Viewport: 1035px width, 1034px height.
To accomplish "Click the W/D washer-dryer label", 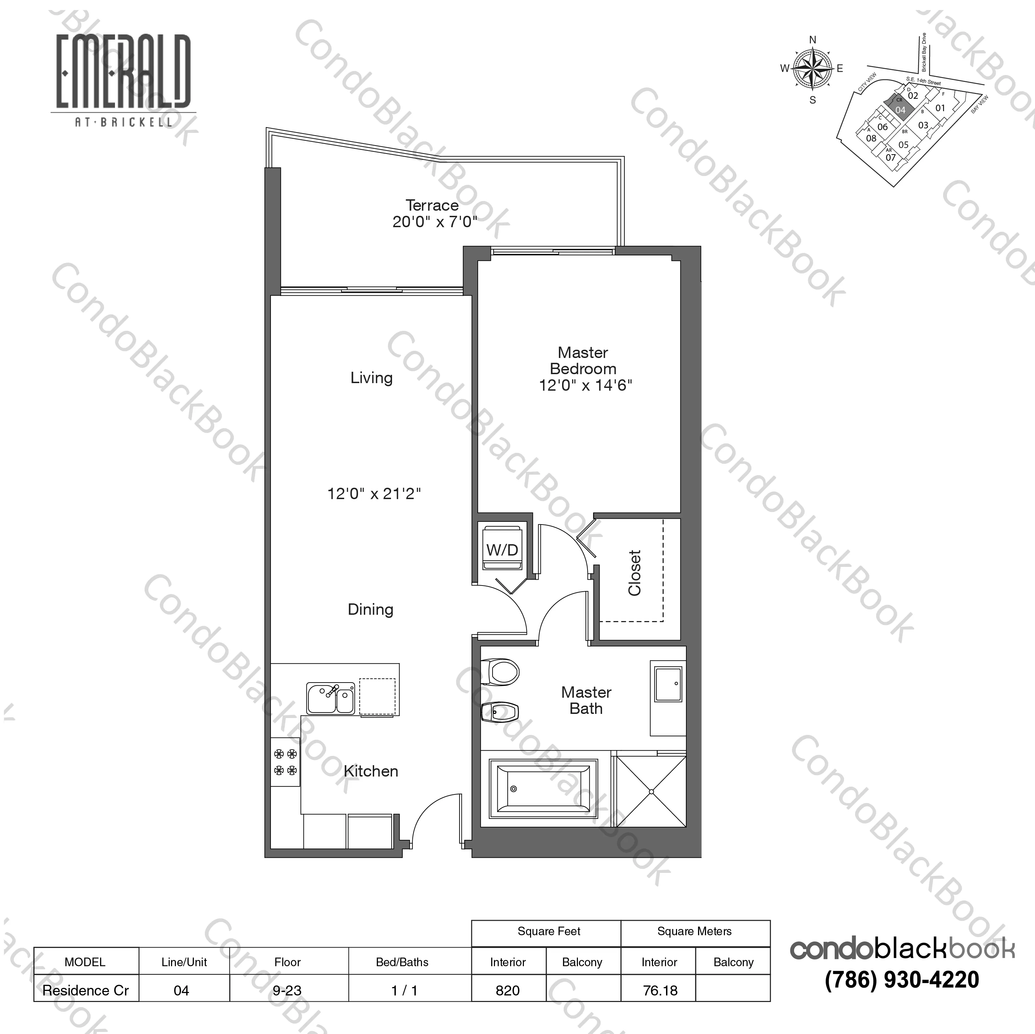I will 502,550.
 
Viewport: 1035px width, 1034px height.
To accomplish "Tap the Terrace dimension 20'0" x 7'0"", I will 434,222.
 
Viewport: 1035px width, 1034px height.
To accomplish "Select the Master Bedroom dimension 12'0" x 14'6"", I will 585,385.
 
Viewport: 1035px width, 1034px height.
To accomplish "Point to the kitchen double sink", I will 330,698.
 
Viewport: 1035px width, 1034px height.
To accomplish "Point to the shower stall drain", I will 652,791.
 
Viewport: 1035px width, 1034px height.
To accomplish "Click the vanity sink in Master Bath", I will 668,684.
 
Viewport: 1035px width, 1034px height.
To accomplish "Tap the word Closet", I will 635,573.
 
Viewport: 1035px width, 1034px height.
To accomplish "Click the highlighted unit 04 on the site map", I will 900,109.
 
